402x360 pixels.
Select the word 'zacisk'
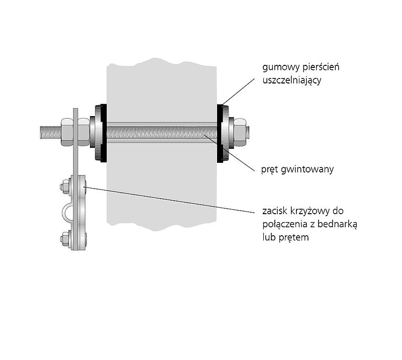pos(275,211)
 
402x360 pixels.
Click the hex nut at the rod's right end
pos(240,132)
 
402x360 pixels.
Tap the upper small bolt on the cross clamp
pos(65,187)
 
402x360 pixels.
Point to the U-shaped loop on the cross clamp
pos(67,213)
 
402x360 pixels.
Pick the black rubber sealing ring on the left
pos(103,133)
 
